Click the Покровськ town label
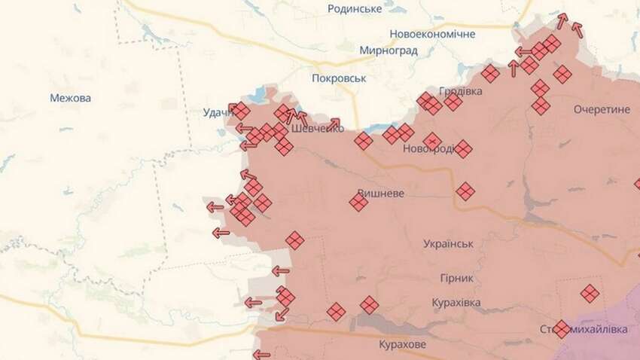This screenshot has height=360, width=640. coord(338,78)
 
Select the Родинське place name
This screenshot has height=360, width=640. coord(355,9)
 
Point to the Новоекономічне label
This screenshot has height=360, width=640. coord(432,35)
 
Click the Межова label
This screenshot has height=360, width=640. coord(70,98)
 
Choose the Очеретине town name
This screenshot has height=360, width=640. coord(601,109)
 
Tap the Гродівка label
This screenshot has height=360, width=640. coord(461,91)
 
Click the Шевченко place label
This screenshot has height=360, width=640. coord(317,128)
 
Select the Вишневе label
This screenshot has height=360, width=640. coord(382,193)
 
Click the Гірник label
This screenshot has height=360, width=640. coord(456,278)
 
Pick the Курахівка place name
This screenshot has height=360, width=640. coord(456,302)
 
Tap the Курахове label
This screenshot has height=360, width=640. coord(401,344)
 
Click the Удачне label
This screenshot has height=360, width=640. coord(218,113)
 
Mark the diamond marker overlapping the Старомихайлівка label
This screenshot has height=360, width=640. coord(562,329)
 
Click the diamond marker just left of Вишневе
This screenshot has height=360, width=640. coord(358,201)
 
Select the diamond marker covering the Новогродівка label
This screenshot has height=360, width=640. coord(432,141)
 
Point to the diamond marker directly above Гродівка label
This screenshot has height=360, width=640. coord(490,74)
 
